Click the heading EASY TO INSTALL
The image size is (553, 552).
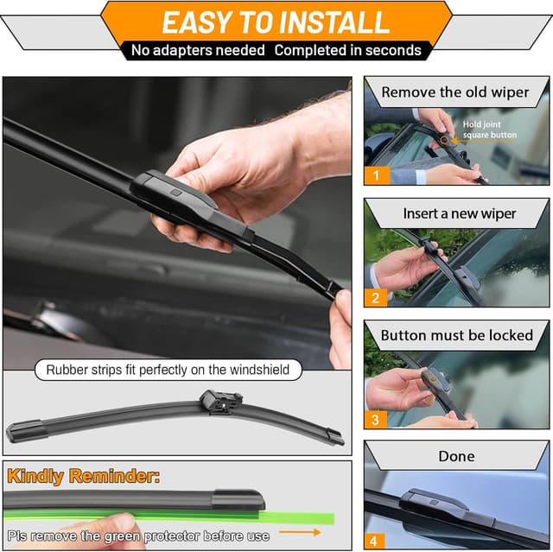point(276,22)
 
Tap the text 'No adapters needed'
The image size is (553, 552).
point(198,51)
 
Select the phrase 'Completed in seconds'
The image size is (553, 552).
point(347,51)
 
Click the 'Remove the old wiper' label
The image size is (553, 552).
point(455,92)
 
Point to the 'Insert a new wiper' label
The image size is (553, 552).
point(459,213)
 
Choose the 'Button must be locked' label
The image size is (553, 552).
point(457,335)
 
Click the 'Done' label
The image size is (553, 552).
point(457,456)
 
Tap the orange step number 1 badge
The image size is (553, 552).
point(375,174)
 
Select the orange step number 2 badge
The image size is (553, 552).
point(375,297)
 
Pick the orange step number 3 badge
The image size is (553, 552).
point(375,420)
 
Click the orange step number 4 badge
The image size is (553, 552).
point(375,541)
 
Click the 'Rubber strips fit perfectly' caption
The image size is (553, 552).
point(168,371)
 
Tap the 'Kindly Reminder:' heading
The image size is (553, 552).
point(85,476)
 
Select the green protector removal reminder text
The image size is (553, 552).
point(138,536)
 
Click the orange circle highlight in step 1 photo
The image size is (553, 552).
point(444,139)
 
